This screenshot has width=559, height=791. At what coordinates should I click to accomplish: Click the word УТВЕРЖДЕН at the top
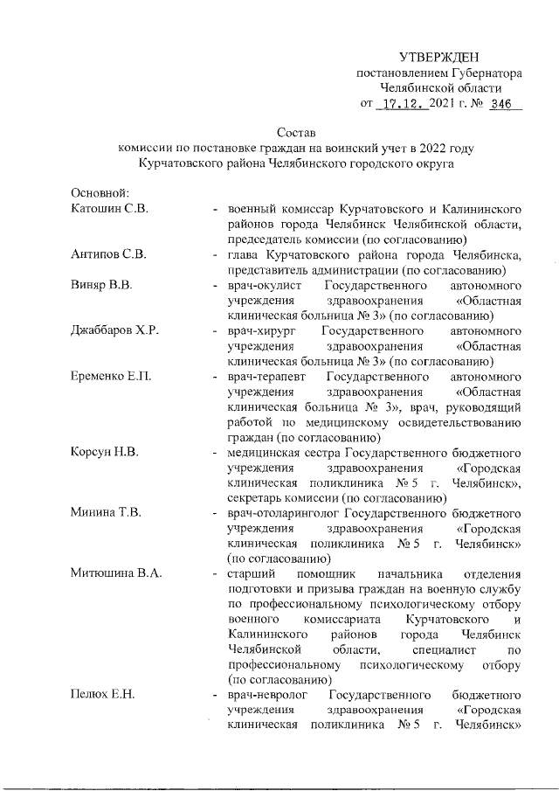pos(440,57)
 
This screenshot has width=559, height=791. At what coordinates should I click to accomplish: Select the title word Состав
pos(293,132)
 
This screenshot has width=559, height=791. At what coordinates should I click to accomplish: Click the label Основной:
pos(100,192)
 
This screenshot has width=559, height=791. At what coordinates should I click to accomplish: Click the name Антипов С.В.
pos(109,254)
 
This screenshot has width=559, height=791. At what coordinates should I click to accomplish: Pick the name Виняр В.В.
pos(100,285)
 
